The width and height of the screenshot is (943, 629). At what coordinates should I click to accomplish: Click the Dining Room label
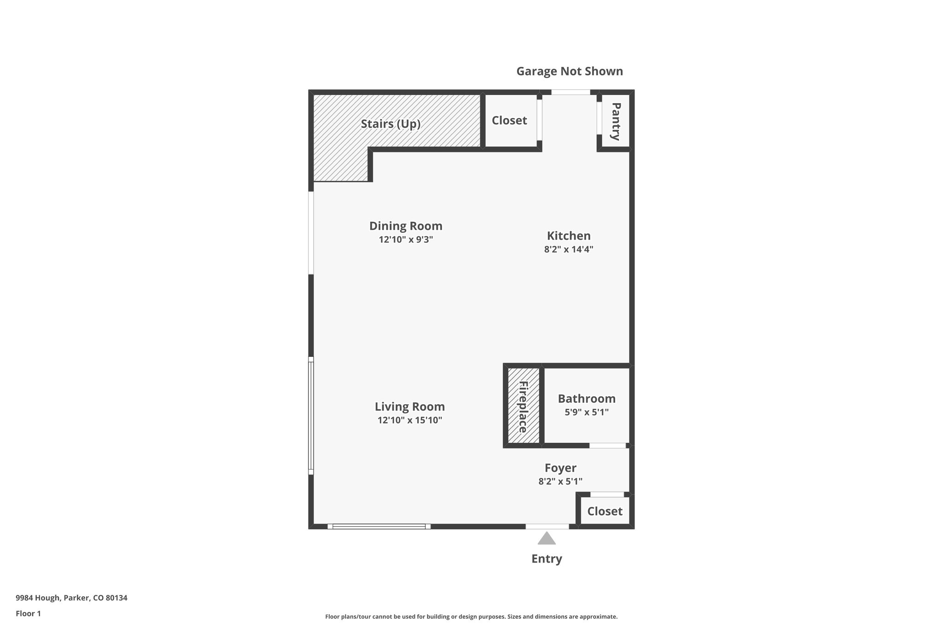coord(406,226)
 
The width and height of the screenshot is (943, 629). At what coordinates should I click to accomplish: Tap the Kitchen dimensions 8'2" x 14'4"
coord(568,250)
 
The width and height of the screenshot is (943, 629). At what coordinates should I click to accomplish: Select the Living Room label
coord(409,407)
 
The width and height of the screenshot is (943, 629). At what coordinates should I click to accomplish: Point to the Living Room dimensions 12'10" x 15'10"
coord(409,420)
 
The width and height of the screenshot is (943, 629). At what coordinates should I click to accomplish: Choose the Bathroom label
coord(586,399)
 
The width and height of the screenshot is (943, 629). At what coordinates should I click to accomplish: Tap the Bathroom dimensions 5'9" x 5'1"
coord(586,412)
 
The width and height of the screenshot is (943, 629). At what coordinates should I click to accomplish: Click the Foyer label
coord(560,468)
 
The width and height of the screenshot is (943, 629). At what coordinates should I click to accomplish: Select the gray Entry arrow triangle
coord(547,539)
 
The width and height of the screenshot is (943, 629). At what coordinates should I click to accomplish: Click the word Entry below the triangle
coord(547,559)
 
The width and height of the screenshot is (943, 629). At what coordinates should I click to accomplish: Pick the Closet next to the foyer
coord(605,511)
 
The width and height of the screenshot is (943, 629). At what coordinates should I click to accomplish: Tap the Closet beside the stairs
coord(509,121)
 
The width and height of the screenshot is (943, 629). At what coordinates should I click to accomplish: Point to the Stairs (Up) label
coord(390,124)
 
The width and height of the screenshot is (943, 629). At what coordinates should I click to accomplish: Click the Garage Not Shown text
coord(569,71)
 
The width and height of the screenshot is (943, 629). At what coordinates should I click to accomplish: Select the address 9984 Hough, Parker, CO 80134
coord(71,598)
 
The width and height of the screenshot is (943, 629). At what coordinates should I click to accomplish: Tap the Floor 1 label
coord(28,614)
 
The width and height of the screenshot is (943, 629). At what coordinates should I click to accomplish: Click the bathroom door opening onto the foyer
coord(607,446)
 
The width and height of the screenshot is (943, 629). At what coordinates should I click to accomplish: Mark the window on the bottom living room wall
coord(379,526)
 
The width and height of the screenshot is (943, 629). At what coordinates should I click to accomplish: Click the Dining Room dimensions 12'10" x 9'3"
coord(406,240)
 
